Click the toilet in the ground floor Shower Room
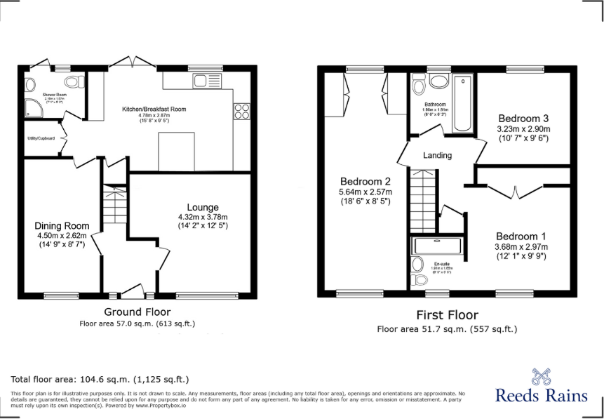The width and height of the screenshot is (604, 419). tap(30, 84)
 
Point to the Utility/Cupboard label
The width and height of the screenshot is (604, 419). tap(41, 138)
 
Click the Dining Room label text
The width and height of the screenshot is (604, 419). tap(62, 226)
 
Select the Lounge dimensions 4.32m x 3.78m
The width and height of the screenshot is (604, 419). tap(203, 217)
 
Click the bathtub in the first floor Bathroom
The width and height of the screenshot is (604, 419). tap(462, 105)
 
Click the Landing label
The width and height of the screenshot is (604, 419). tap(437, 155)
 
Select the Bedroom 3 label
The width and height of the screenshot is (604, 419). tap(523, 118)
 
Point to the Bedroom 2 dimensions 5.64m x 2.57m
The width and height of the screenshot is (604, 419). tap(365, 192)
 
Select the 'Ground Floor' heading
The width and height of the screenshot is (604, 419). tap(137, 312)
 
